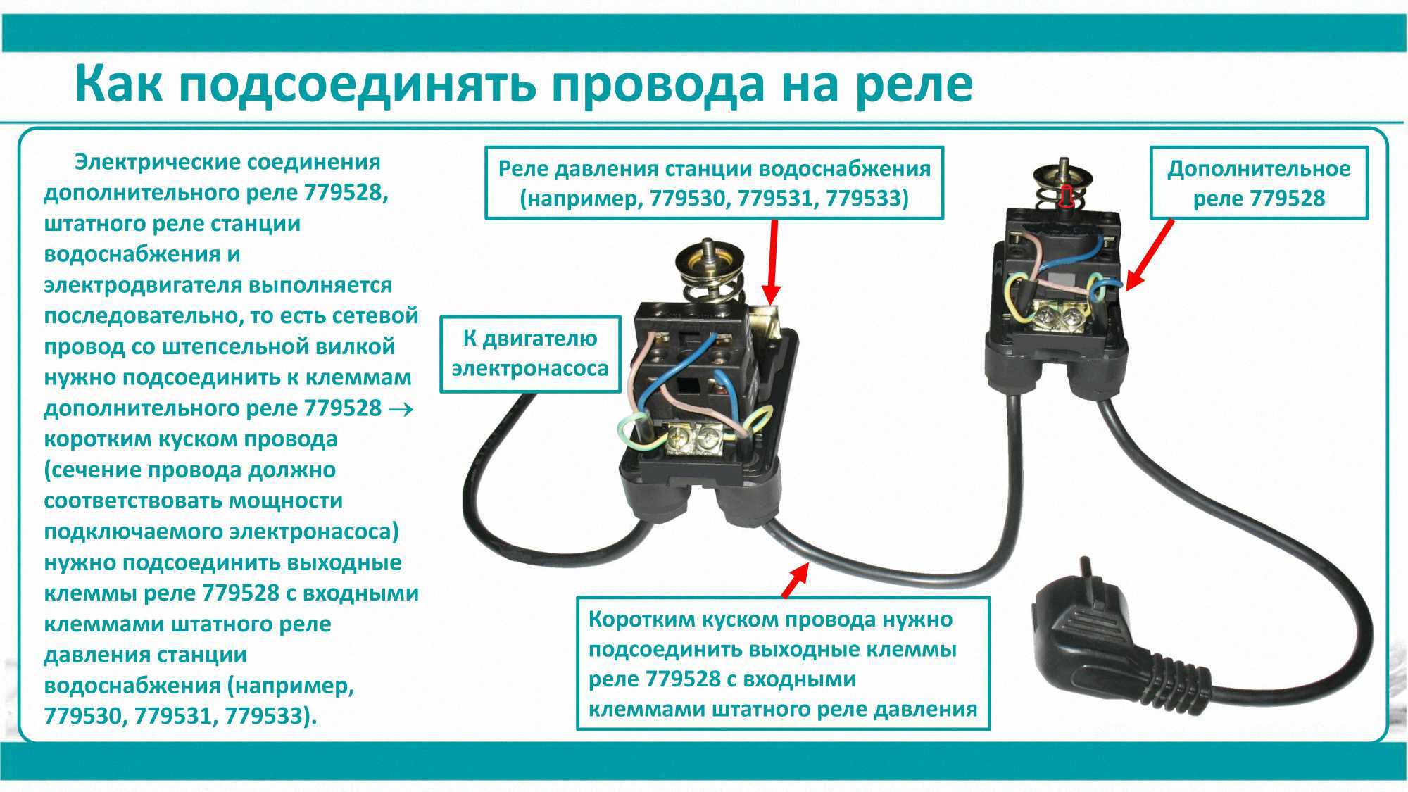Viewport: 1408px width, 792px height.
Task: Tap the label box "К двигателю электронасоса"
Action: [530, 353]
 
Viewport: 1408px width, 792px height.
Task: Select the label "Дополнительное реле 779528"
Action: [1259, 183]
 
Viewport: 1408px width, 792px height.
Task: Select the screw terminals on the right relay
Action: [1059, 317]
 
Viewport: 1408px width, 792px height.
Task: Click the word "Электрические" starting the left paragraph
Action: [151, 163]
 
